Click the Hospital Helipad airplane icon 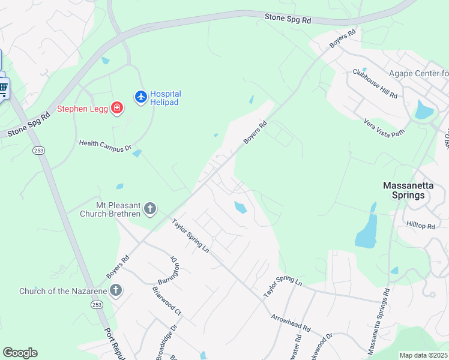[141, 97]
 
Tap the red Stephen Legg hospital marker [118, 109]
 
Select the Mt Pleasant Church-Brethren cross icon [149, 209]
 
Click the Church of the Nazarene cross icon [116, 291]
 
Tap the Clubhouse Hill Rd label [375, 84]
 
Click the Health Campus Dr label [105, 145]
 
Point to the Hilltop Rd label [420, 225]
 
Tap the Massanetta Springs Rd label [379, 321]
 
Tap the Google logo [20, 353]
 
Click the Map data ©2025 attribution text [423, 355]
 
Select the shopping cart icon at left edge [3, 89]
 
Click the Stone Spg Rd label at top [288, 19]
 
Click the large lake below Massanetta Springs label [366, 232]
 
